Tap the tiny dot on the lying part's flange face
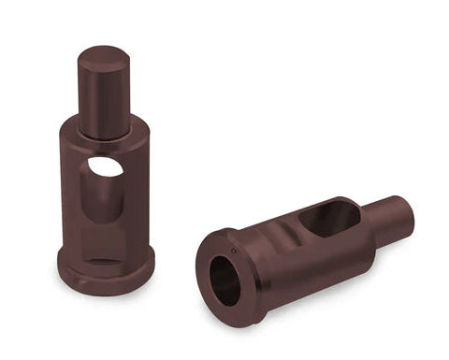[x=234, y=251]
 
